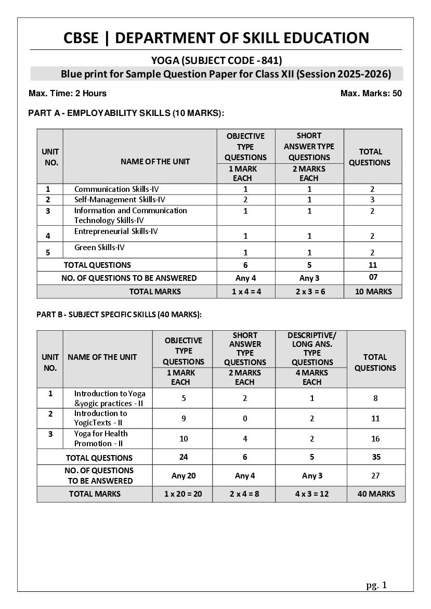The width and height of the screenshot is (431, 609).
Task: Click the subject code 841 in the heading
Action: pyautogui.click(x=272, y=60)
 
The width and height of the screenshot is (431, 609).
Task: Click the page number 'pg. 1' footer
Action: pyautogui.click(x=376, y=585)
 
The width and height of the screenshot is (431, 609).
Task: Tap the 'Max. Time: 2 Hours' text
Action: pyautogui.click(x=68, y=94)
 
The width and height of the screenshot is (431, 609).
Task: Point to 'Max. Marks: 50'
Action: pyautogui.click(x=371, y=94)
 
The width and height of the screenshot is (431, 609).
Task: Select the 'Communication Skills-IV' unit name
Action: pyautogui.click(x=116, y=189)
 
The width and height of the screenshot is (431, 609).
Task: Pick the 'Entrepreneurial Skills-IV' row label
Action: pyautogui.click(x=116, y=231)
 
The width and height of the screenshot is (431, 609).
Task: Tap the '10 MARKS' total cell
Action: pyautogui.click(x=373, y=292)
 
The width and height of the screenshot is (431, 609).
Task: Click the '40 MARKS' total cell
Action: pyautogui.click(x=376, y=494)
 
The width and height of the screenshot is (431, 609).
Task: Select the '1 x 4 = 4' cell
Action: pyautogui.click(x=246, y=292)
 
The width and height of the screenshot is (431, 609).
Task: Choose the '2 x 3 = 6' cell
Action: pyautogui.click(x=309, y=292)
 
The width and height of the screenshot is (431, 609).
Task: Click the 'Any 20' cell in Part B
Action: pyautogui.click(x=183, y=476)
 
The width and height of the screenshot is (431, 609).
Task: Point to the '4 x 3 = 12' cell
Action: pyautogui.click(x=312, y=494)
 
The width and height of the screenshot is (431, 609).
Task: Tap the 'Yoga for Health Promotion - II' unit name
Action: pyautogui.click(x=101, y=438)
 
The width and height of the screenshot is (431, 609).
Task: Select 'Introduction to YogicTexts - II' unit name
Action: pyautogui.click(x=100, y=418)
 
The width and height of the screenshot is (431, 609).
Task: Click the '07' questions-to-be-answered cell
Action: pyautogui.click(x=373, y=277)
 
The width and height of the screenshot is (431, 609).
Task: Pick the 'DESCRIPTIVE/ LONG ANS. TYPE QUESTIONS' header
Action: pyautogui.click(x=312, y=348)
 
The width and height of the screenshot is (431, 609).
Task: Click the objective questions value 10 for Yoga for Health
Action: pyautogui.click(x=183, y=439)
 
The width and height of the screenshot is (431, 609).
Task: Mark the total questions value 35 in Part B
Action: pyautogui.click(x=376, y=457)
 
